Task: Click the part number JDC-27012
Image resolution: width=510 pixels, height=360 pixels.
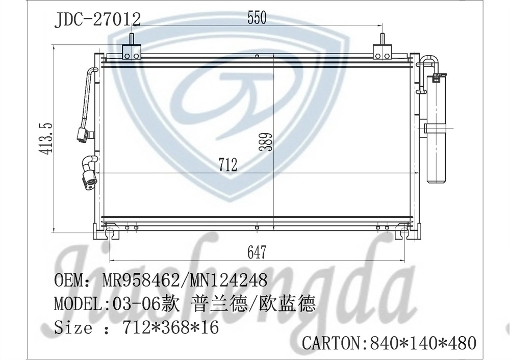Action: coord(97,19)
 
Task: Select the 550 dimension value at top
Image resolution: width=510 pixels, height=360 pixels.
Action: coord(257,19)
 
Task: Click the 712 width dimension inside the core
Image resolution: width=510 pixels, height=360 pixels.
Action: coord(228,165)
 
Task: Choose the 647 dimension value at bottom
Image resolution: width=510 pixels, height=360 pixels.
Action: coord(257,252)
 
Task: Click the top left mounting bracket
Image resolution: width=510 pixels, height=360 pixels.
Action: coord(131,49)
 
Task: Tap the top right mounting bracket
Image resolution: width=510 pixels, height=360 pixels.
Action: coord(382,49)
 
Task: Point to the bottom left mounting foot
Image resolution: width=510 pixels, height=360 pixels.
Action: coord(109,233)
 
